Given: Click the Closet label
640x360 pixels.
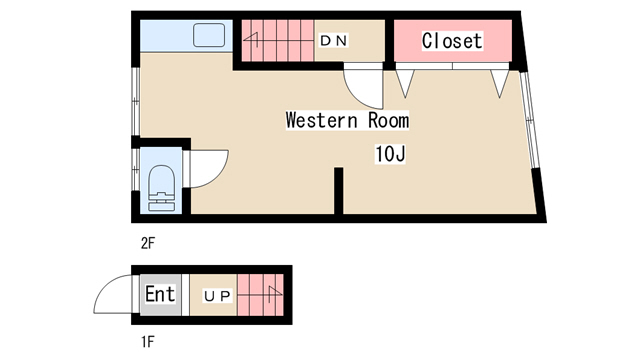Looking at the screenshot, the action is coord(452,41).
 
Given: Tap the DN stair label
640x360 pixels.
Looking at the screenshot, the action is coord(334,40).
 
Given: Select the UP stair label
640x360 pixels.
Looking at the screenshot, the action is coord(218,296).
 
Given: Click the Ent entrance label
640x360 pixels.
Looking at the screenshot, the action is coord(160,294).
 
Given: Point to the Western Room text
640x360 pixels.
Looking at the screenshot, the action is coord(347,120).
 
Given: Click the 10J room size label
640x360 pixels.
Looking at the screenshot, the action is coord(390,154).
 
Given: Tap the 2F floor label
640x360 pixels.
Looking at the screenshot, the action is coord(148,243).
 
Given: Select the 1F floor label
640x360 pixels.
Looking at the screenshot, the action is coord(148,342).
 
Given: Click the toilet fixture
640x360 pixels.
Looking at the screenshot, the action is coord(162,188).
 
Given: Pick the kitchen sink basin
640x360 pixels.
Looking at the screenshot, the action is coord(209,35).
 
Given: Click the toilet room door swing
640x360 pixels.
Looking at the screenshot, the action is coord(209,169).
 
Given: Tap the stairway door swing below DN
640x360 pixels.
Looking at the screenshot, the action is coord(363,86).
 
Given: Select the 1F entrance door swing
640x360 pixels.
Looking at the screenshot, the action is coord(113,294).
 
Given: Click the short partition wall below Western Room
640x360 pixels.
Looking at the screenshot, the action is coord(338,191).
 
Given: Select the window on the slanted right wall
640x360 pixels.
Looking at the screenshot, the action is coord(529,120).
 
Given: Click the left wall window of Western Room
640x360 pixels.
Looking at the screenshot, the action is coord(136,101).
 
